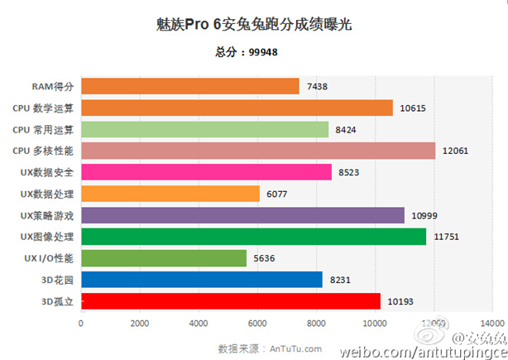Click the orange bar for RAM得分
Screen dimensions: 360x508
(189, 86)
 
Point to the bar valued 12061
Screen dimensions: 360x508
(257, 151)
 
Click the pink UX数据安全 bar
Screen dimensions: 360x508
(206, 172)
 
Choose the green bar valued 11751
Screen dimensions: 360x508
(253, 237)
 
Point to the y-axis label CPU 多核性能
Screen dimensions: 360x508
(43, 151)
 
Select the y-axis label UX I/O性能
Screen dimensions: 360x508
(46, 258)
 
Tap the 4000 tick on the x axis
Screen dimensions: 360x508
(198, 323)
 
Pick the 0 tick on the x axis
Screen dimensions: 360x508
(80, 323)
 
